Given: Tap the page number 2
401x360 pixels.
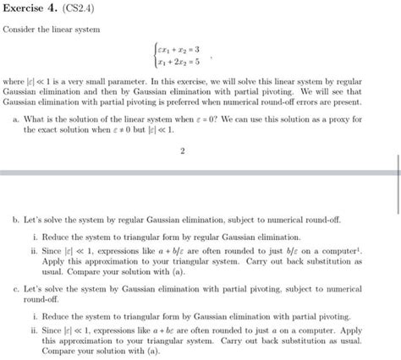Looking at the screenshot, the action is [x=183, y=152].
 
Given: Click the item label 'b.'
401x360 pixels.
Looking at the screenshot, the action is [x=17, y=218].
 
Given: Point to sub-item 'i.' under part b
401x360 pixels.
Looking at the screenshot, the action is [x=34, y=237].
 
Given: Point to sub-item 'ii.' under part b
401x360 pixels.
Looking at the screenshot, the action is [x=33, y=251].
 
